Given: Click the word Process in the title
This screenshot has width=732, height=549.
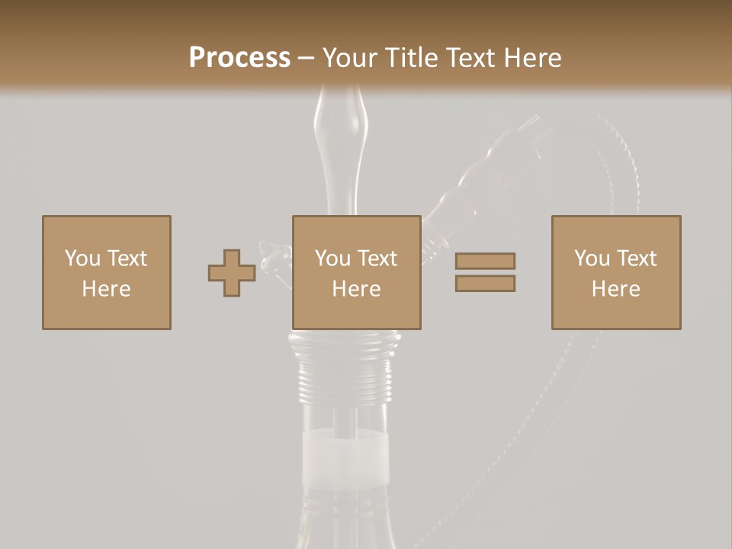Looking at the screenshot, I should tap(239, 58).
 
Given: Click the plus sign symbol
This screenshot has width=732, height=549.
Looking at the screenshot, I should tap(232, 273).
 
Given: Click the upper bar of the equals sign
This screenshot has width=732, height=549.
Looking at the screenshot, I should tap(485, 261).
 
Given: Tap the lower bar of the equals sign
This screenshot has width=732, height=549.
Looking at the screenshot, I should tap(485, 283).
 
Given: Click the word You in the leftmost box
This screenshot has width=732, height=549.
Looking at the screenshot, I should tap(82, 258).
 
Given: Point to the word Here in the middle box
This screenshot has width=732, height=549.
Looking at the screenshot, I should tap(357, 289).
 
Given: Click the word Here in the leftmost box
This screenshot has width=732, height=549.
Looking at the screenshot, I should tap(107, 289).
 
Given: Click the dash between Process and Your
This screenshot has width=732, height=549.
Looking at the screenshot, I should tap(306, 58).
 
